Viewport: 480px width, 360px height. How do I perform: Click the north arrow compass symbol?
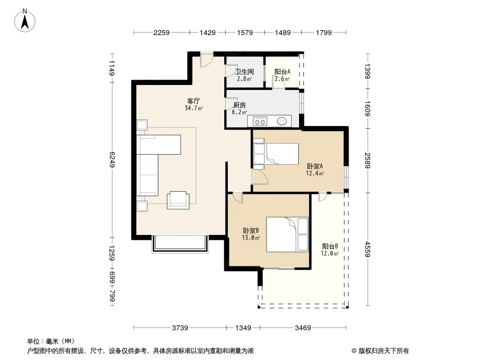click(25, 21)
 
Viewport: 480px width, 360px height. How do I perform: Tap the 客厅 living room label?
click(194, 101)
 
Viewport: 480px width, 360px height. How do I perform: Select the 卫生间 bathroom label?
click(245, 72)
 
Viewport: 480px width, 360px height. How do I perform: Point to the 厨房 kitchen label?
click(240, 105)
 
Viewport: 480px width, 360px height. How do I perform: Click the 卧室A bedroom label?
click(315, 166)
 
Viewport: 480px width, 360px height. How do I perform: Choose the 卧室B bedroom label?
click(251, 230)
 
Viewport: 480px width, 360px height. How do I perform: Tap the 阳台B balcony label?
click(330, 246)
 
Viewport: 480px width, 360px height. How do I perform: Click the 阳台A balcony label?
click(282, 72)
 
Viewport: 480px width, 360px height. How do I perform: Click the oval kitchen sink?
click(282, 121)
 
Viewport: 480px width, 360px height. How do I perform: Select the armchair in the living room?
click(178, 200)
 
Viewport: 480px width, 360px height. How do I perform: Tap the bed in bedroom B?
click(287, 234)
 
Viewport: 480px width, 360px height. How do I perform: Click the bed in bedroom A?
click(276, 154)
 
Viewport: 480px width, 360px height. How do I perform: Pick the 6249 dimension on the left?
click(112, 159)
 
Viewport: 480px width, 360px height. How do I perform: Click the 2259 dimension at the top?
click(161, 32)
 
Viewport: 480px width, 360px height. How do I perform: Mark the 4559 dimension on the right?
click(367, 249)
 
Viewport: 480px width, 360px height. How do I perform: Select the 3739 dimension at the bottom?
click(180, 328)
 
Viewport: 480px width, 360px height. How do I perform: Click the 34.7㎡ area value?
click(194, 108)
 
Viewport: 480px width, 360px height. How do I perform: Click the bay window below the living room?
click(180, 244)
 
